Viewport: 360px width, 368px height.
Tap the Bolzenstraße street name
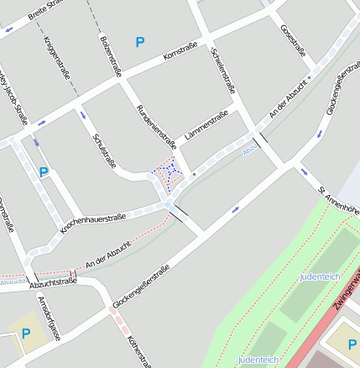[107, 51]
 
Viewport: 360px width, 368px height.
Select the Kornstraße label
[180, 50]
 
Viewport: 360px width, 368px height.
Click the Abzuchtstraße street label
[53, 283]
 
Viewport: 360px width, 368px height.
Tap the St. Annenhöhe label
[340, 202]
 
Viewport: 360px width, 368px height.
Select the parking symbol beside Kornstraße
[140, 41]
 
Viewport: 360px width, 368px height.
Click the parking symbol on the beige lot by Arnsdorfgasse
[25, 334]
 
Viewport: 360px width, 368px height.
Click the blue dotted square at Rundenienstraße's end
[168, 171]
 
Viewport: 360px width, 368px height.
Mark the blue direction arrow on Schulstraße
[82, 114]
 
